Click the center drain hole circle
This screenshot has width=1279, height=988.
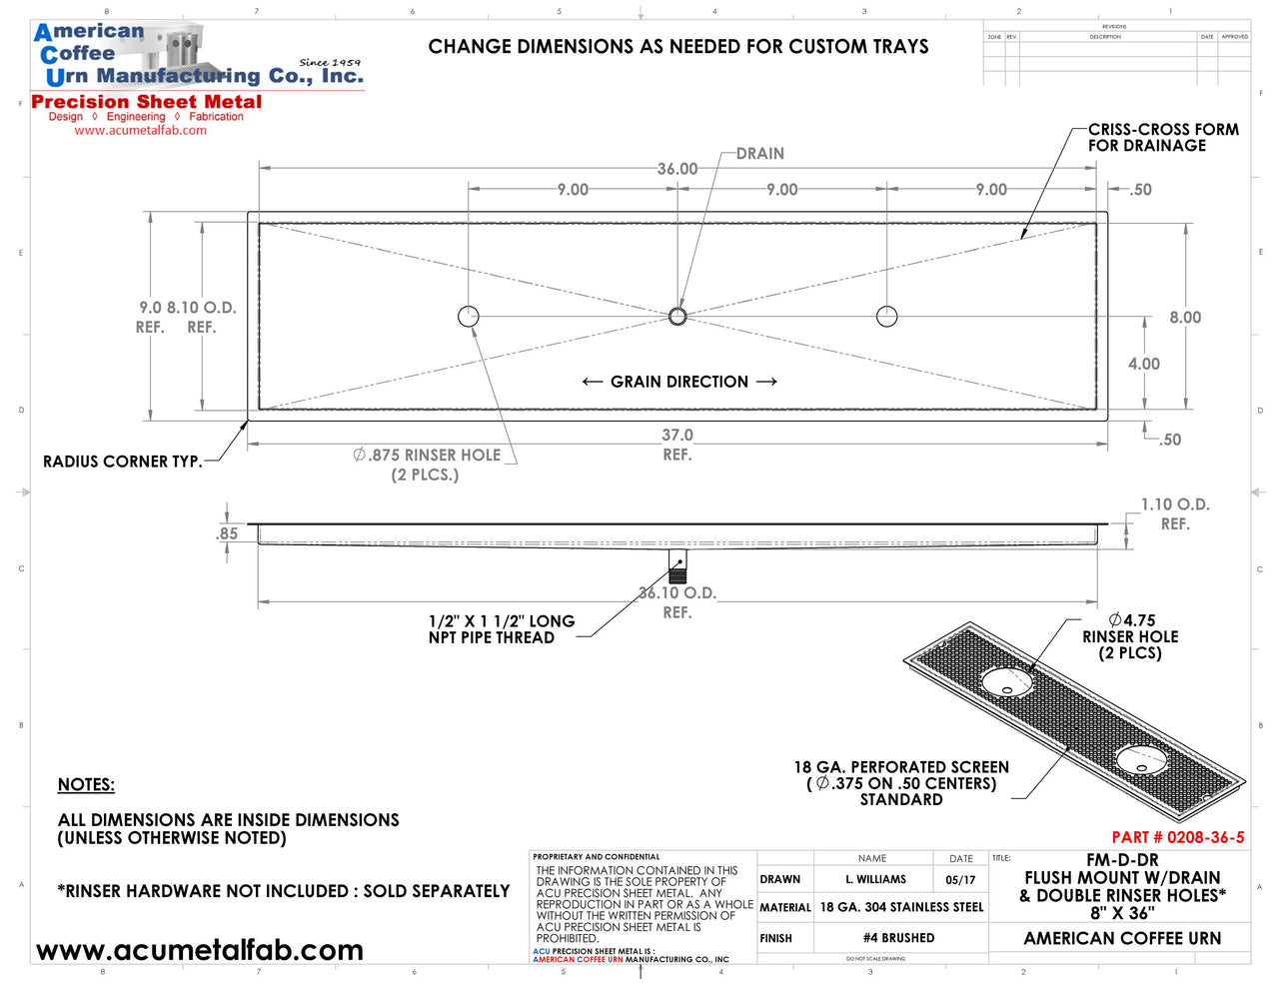pyautogui.click(x=677, y=317)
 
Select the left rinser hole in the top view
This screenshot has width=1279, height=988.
pyautogui.click(x=469, y=317)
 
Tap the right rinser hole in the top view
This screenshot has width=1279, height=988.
pyautogui.click(x=886, y=317)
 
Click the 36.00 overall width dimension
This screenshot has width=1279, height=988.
pyautogui.click(x=677, y=169)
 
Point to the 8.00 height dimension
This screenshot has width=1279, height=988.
pyautogui.click(x=1185, y=318)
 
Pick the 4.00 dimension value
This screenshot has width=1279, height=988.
pyautogui.click(x=1144, y=365)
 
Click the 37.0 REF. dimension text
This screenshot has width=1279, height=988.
pyautogui.click(x=677, y=445)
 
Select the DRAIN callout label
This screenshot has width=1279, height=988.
pyautogui.click(x=760, y=154)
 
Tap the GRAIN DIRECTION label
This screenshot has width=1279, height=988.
pyautogui.click(x=679, y=382)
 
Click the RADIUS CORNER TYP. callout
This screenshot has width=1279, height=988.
pyautogui.click(x=122, y=462)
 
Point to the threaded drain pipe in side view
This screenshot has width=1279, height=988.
pyautogui.click(x=678, y=566)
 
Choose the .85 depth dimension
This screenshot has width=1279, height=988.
pyautogui.click(x=228, y=533)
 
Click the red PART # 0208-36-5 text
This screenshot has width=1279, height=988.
pyautogui.click(x=1178, y=837)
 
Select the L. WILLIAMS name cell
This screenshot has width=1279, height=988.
pyautogui.click(x=875, y=880)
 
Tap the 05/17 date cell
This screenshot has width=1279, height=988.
pyautogui.click(x=960, y=880)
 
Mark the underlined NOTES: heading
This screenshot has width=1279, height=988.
pyautogui.click(x=86, y=785)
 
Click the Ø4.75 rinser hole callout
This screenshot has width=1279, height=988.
pyautogui.click(x=1131, y=636)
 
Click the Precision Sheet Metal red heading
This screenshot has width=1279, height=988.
pyautogui.click(x=147, y=102)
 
